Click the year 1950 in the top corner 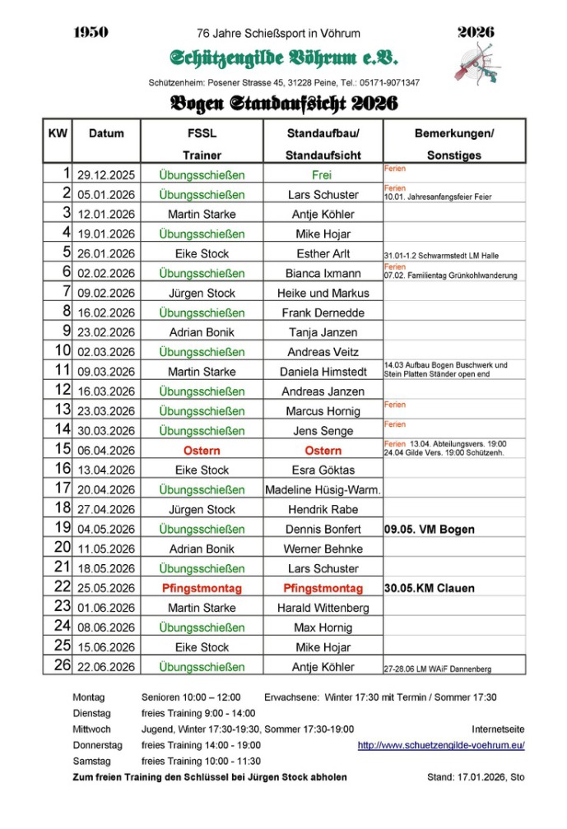(x=91, y=33)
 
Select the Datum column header (x=106, y=133)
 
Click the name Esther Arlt (x=323, y=254)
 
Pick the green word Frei (x=323, y=175)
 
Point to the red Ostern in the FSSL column (x=202, y=451)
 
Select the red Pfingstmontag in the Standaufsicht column (x=323, y=589)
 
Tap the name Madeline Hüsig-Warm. (x=323, y=490)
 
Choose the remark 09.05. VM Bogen (x=429, y=530)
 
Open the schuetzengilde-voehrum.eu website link (x=440, y=746)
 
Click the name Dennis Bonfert (x=323, y=530)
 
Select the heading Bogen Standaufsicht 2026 (x=283, y=104)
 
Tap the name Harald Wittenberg (x=323, y=609)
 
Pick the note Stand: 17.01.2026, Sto (x=475, y=777)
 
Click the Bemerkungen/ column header (x=453, y=133)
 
